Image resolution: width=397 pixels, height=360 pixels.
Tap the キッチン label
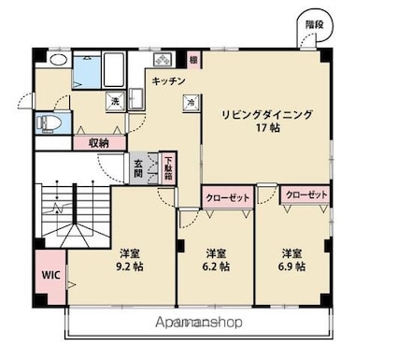[168, 81]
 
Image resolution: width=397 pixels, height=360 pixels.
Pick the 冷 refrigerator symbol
[191, 102]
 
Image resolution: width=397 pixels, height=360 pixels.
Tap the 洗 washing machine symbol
[115, 101]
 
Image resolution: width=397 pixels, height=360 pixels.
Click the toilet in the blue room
[51, 122]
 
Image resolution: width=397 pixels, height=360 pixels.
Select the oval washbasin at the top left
[58, 59]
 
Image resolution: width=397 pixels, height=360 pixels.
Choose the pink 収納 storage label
[99, 143]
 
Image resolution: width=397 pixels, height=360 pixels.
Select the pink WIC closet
[49, 277]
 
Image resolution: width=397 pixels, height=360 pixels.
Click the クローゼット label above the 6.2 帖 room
[228, 197]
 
